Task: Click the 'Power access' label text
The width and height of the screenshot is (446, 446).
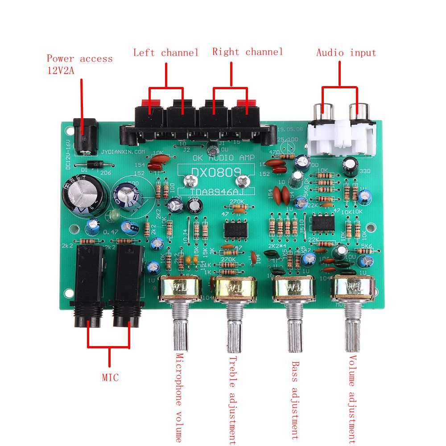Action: [79, 59]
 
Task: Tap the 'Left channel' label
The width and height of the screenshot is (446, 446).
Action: [165, 53]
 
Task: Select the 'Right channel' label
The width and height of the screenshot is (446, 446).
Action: [248, 52]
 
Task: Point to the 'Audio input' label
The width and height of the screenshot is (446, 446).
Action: [346, 53]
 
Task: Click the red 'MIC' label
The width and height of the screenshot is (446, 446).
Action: [110, 378]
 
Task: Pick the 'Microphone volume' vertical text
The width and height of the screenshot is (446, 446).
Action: [179, 397]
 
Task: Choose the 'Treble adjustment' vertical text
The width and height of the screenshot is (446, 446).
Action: [232, 400]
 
